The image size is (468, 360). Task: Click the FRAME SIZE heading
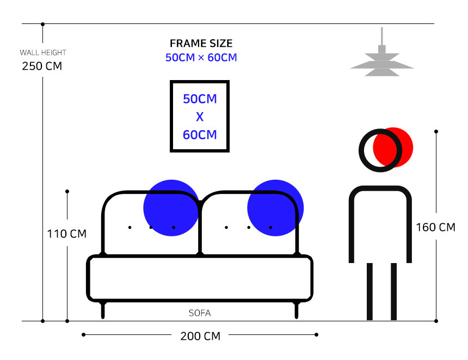coord(201,44)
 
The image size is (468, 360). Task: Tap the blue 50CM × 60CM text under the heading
coord(201,57)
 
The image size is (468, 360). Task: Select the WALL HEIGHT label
coord(43,53)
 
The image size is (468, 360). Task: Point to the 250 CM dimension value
coord(42,66)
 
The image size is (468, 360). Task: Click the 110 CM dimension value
coord(67,234)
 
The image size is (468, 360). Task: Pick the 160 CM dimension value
coord(436,227)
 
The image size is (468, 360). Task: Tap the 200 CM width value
coord(200,336)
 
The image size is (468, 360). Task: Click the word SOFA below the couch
coord(200,313)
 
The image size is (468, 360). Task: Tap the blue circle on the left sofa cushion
coord(171,208)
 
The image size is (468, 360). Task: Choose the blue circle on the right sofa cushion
coord(275,208)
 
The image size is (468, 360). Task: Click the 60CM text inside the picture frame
coord(200,135)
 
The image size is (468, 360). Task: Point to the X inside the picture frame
coord(200,117)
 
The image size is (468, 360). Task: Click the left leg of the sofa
coord(103,310)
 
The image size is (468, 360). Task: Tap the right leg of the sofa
coord(297,310)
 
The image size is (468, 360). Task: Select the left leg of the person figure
coord(370,291)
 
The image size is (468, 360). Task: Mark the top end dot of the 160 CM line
coord(436,131)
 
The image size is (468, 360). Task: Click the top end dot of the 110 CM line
coord(67,191)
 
